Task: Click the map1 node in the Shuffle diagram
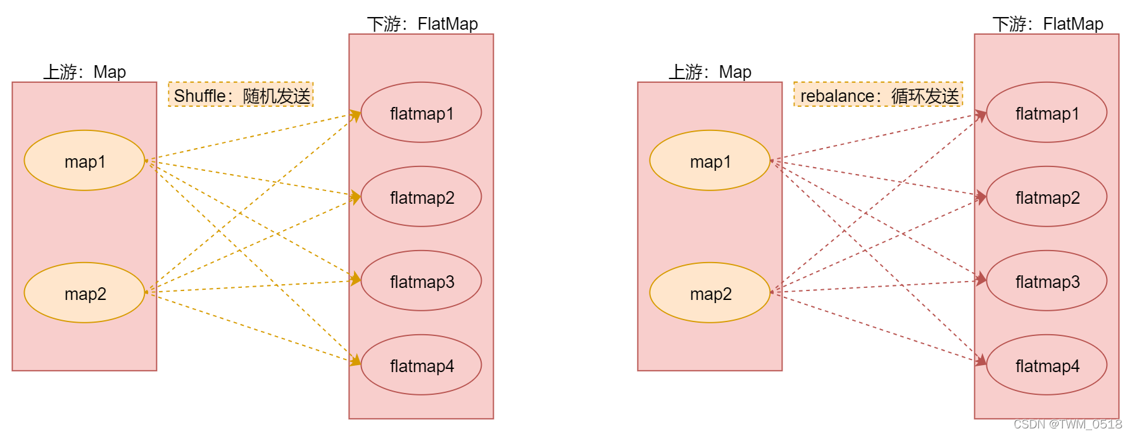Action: point(84,161)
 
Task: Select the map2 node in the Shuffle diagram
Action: point(84,293)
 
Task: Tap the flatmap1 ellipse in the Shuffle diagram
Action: point(421,113)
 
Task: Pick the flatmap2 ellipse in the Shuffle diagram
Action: point(421,197)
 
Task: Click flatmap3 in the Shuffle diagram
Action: point(421,281)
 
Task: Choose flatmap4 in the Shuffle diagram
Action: point(421,365)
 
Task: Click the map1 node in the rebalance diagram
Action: point(710,161)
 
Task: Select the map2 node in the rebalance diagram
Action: point(710,293)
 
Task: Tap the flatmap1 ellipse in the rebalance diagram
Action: point(1047,113)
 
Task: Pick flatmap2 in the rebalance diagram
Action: point(1047,197)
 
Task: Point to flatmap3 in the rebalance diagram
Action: point(1047,281)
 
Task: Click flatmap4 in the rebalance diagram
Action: point(1047,365)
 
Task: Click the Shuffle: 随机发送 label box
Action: point(241,95)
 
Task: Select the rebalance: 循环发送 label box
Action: point(878,95)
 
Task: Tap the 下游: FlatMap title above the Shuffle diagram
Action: point(422,24)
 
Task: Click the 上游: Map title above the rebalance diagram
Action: point(710,72)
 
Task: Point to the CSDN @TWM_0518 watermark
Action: point(1067,424)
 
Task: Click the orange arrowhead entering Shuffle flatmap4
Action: point(355,361)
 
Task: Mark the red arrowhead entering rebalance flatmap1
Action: point(981,115)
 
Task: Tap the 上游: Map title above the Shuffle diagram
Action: point(84,72)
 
